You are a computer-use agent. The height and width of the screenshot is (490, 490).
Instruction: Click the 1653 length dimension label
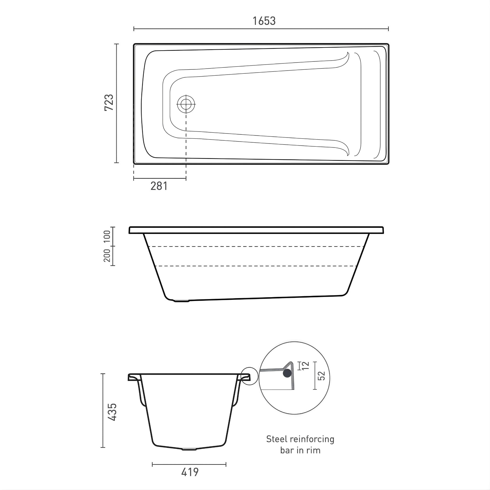tap(264, 21)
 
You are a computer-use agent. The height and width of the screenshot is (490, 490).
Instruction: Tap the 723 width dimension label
tap(109, 102)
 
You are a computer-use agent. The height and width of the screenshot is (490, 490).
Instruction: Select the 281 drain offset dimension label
tap(159, 186)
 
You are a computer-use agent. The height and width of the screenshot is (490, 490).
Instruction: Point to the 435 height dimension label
tap(112, 412)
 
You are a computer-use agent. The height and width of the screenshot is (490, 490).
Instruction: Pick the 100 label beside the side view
tap(107, 236)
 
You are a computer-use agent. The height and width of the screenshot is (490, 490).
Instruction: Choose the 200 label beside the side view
tap(107, 255)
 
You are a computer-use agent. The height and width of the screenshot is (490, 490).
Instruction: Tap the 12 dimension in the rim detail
tap(306, 366)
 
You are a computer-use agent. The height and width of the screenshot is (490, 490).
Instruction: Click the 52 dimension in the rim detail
tap(321, 376)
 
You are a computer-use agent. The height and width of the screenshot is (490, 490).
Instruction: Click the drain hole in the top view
tap(186, 104)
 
